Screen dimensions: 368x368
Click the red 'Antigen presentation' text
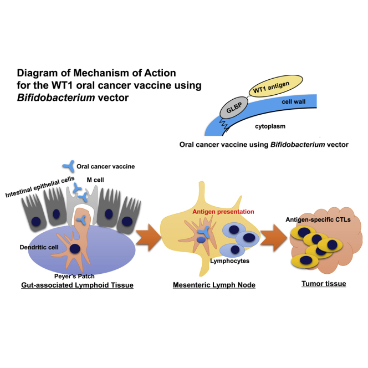(217, 212)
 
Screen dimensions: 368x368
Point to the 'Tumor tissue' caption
(323, 284)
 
